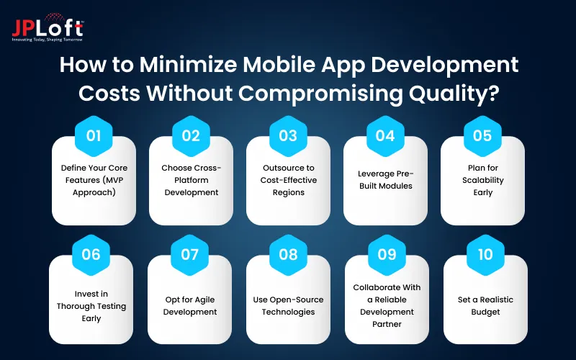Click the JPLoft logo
click(x=48, y=27)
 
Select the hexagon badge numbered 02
click(x=192, y=135)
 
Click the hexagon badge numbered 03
click(x=289, y=135)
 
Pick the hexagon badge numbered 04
click(x=386, y=135)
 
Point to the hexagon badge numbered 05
click(x=482, y=135)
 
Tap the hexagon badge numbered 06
click(x=91, y=254)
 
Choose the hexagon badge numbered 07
click(x=190, y=254)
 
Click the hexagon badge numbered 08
click(x=288, y=254)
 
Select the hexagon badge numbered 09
click(x=387, y=254)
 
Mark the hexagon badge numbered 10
click(x=485, y=254)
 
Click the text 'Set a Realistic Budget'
click(x=485, y=306)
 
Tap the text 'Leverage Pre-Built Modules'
click(x=385, y=180)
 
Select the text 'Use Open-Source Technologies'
click(x=288, y=305)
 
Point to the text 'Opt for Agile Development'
click(x=190, y=305)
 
